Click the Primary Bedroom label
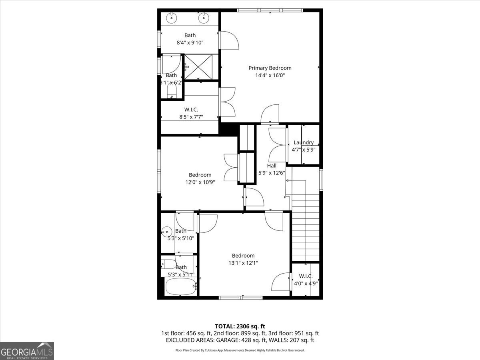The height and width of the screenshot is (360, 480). coord(270,68)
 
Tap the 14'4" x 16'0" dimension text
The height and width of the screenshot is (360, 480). coord(270,75)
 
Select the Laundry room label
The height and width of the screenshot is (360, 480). coord(304,142)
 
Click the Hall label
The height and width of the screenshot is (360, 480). coord(272,166)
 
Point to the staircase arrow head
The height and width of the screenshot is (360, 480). coord(287,181)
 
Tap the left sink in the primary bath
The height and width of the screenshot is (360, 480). coord(172,17)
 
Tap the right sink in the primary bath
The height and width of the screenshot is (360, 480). coord(204,17)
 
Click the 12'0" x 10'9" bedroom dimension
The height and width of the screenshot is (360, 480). coord(200,182)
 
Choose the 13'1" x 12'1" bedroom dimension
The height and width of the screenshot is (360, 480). coord(243,263)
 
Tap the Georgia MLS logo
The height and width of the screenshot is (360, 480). coord(27,351)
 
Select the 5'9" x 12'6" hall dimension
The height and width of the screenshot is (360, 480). coord(272,173)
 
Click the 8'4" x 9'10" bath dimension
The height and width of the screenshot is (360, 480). coord(190,42)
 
